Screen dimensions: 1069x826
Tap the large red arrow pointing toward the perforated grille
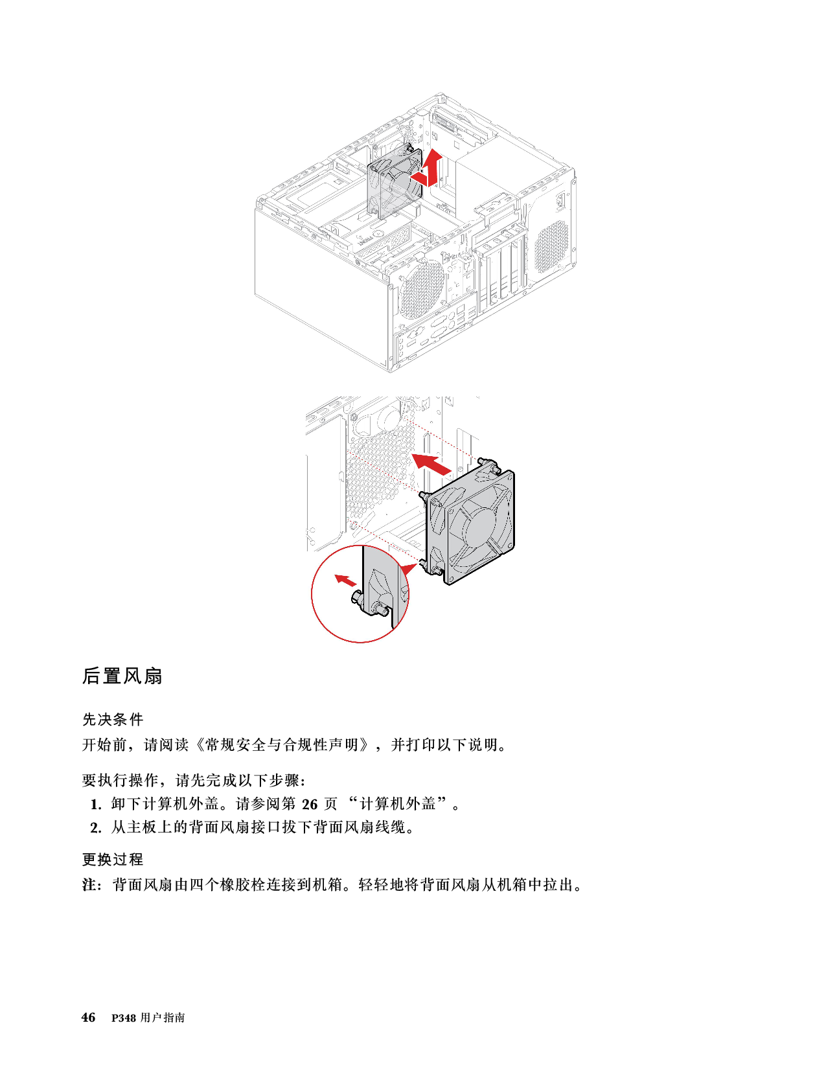[431, 463]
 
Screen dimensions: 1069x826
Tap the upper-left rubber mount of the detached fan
[426, 496]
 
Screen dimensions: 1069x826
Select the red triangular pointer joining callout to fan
[406, 568]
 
